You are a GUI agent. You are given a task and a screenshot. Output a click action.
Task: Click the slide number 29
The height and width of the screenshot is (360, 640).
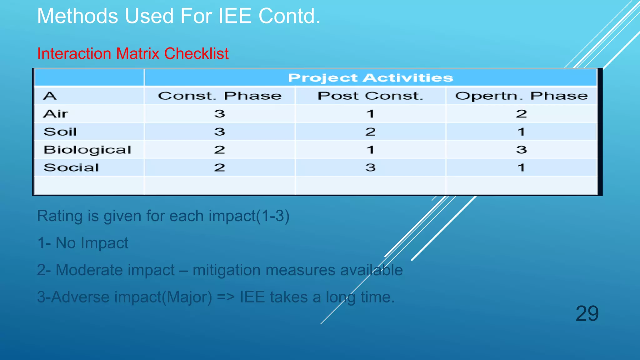[587, 313]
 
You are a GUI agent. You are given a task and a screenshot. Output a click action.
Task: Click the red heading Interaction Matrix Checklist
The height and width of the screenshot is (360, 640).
[133, 53]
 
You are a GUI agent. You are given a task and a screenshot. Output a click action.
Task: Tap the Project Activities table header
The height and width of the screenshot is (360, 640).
[370, 77]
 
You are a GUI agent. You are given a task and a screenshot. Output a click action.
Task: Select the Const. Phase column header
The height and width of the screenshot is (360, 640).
[220, 96]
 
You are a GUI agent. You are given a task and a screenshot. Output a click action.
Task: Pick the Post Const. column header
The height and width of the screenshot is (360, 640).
[370, 96]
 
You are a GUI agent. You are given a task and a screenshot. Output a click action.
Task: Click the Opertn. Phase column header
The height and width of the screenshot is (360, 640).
[521, 96]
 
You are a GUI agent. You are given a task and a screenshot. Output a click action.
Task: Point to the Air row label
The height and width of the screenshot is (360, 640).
[56, 114]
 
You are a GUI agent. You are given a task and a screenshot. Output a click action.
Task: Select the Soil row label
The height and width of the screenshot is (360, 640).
[60, 132]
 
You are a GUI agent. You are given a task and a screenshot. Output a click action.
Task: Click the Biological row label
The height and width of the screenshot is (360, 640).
[87, 150]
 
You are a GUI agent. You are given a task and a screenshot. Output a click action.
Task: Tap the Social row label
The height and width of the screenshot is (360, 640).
[71, 167]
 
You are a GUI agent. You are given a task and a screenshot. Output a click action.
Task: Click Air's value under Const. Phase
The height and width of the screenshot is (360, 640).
[220, 114]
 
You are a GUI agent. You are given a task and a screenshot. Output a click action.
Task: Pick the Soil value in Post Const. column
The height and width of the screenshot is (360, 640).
[370, 132]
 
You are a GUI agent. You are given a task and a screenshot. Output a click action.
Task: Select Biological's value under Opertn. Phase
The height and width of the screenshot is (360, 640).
[521, 150]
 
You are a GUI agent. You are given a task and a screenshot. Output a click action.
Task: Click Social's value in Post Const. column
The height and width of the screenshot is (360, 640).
[370, 167]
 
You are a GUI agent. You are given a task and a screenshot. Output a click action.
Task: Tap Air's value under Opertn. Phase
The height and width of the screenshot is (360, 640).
[521, 114]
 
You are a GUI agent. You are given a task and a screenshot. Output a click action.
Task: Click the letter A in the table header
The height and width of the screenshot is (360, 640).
[50, 96]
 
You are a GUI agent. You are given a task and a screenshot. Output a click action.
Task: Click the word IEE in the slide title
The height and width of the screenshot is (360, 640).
[235, 16]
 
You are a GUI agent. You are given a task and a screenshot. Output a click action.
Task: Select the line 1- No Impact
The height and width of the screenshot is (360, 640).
[83, 243]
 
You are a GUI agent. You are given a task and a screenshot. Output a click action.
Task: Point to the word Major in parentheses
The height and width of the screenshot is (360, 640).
[189, 297]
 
